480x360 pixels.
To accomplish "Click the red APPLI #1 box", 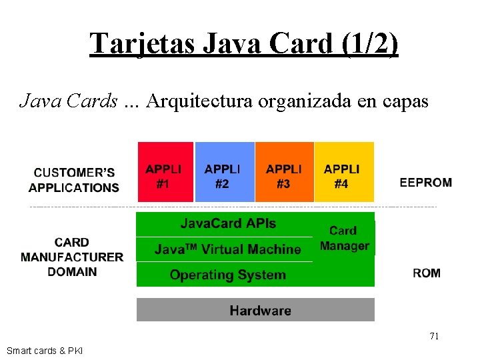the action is click(165, 172).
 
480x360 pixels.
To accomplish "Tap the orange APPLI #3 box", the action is click(284, 172).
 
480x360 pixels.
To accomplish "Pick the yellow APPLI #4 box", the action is click(343, 172).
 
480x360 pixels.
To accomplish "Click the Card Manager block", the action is click(344, 239).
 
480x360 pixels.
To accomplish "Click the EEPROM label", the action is click(425, 182).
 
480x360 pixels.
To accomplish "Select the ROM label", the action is click(426, 273).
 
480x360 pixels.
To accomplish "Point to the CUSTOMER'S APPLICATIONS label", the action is click(74, 180).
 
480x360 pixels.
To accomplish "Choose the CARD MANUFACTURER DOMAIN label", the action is click(72, 257).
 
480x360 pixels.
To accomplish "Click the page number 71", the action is click(434, 336).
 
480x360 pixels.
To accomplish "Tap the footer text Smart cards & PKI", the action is click(45, 351).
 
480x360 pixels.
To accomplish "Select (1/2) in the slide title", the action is click(367, 43).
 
